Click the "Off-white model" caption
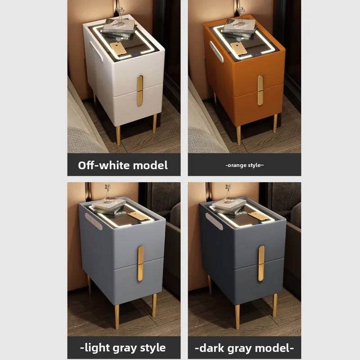point(123,165)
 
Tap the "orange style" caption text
point(244,165)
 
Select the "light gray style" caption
point(123,348)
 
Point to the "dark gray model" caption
point(244,348)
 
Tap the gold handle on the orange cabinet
point(261,90)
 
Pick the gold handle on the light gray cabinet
point(140,263)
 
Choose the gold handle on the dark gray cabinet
point(261,263)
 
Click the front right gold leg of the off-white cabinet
point(155,123)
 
